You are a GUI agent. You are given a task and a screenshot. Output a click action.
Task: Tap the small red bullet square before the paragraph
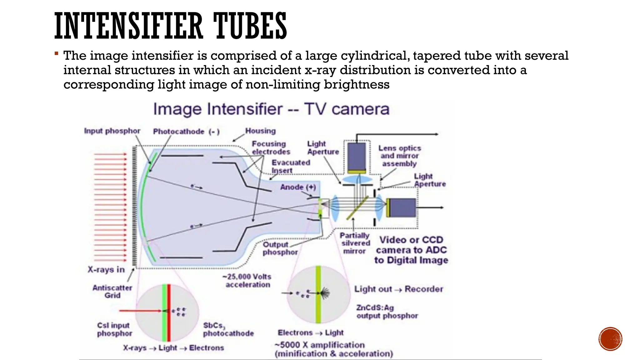click(x=56, y=53)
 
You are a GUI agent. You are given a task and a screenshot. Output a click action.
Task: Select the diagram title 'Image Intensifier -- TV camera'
click(x=271, y=109)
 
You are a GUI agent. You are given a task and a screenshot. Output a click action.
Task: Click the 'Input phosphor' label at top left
click(x=112, y=131)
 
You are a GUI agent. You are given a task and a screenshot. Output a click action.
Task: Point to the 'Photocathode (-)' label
click(x=186, y=132)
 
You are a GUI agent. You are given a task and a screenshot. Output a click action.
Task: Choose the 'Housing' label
click(x=260, y=131)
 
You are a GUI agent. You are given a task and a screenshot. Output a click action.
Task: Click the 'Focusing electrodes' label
click(x=271, y=148)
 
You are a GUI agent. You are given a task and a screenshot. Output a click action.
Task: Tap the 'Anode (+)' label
click(x=298, y=187)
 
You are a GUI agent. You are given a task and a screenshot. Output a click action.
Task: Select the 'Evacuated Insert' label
click(x=291, y=167)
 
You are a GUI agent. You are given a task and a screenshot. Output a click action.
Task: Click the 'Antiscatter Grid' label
click(x=112, y=292)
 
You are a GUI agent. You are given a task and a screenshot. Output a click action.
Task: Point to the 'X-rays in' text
click(x=106, y=270)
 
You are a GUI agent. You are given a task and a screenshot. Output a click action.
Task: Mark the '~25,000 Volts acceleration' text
click(x=247, y=281)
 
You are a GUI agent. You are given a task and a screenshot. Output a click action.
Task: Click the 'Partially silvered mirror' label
click(x=355, y=243)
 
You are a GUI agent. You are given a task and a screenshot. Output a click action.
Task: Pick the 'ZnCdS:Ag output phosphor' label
click(x=387, y=312)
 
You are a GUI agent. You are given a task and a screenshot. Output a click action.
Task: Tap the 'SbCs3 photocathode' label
click(x=228, y=330)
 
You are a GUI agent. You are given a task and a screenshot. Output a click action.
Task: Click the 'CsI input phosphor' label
click(x=114, y=330)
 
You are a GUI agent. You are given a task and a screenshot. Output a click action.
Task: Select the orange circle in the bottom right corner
click(x=610, y=339)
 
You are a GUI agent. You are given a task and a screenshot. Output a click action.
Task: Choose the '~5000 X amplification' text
click(x=319, y=345)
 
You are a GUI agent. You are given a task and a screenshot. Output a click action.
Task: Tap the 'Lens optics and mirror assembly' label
click(x=400, y=156)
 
